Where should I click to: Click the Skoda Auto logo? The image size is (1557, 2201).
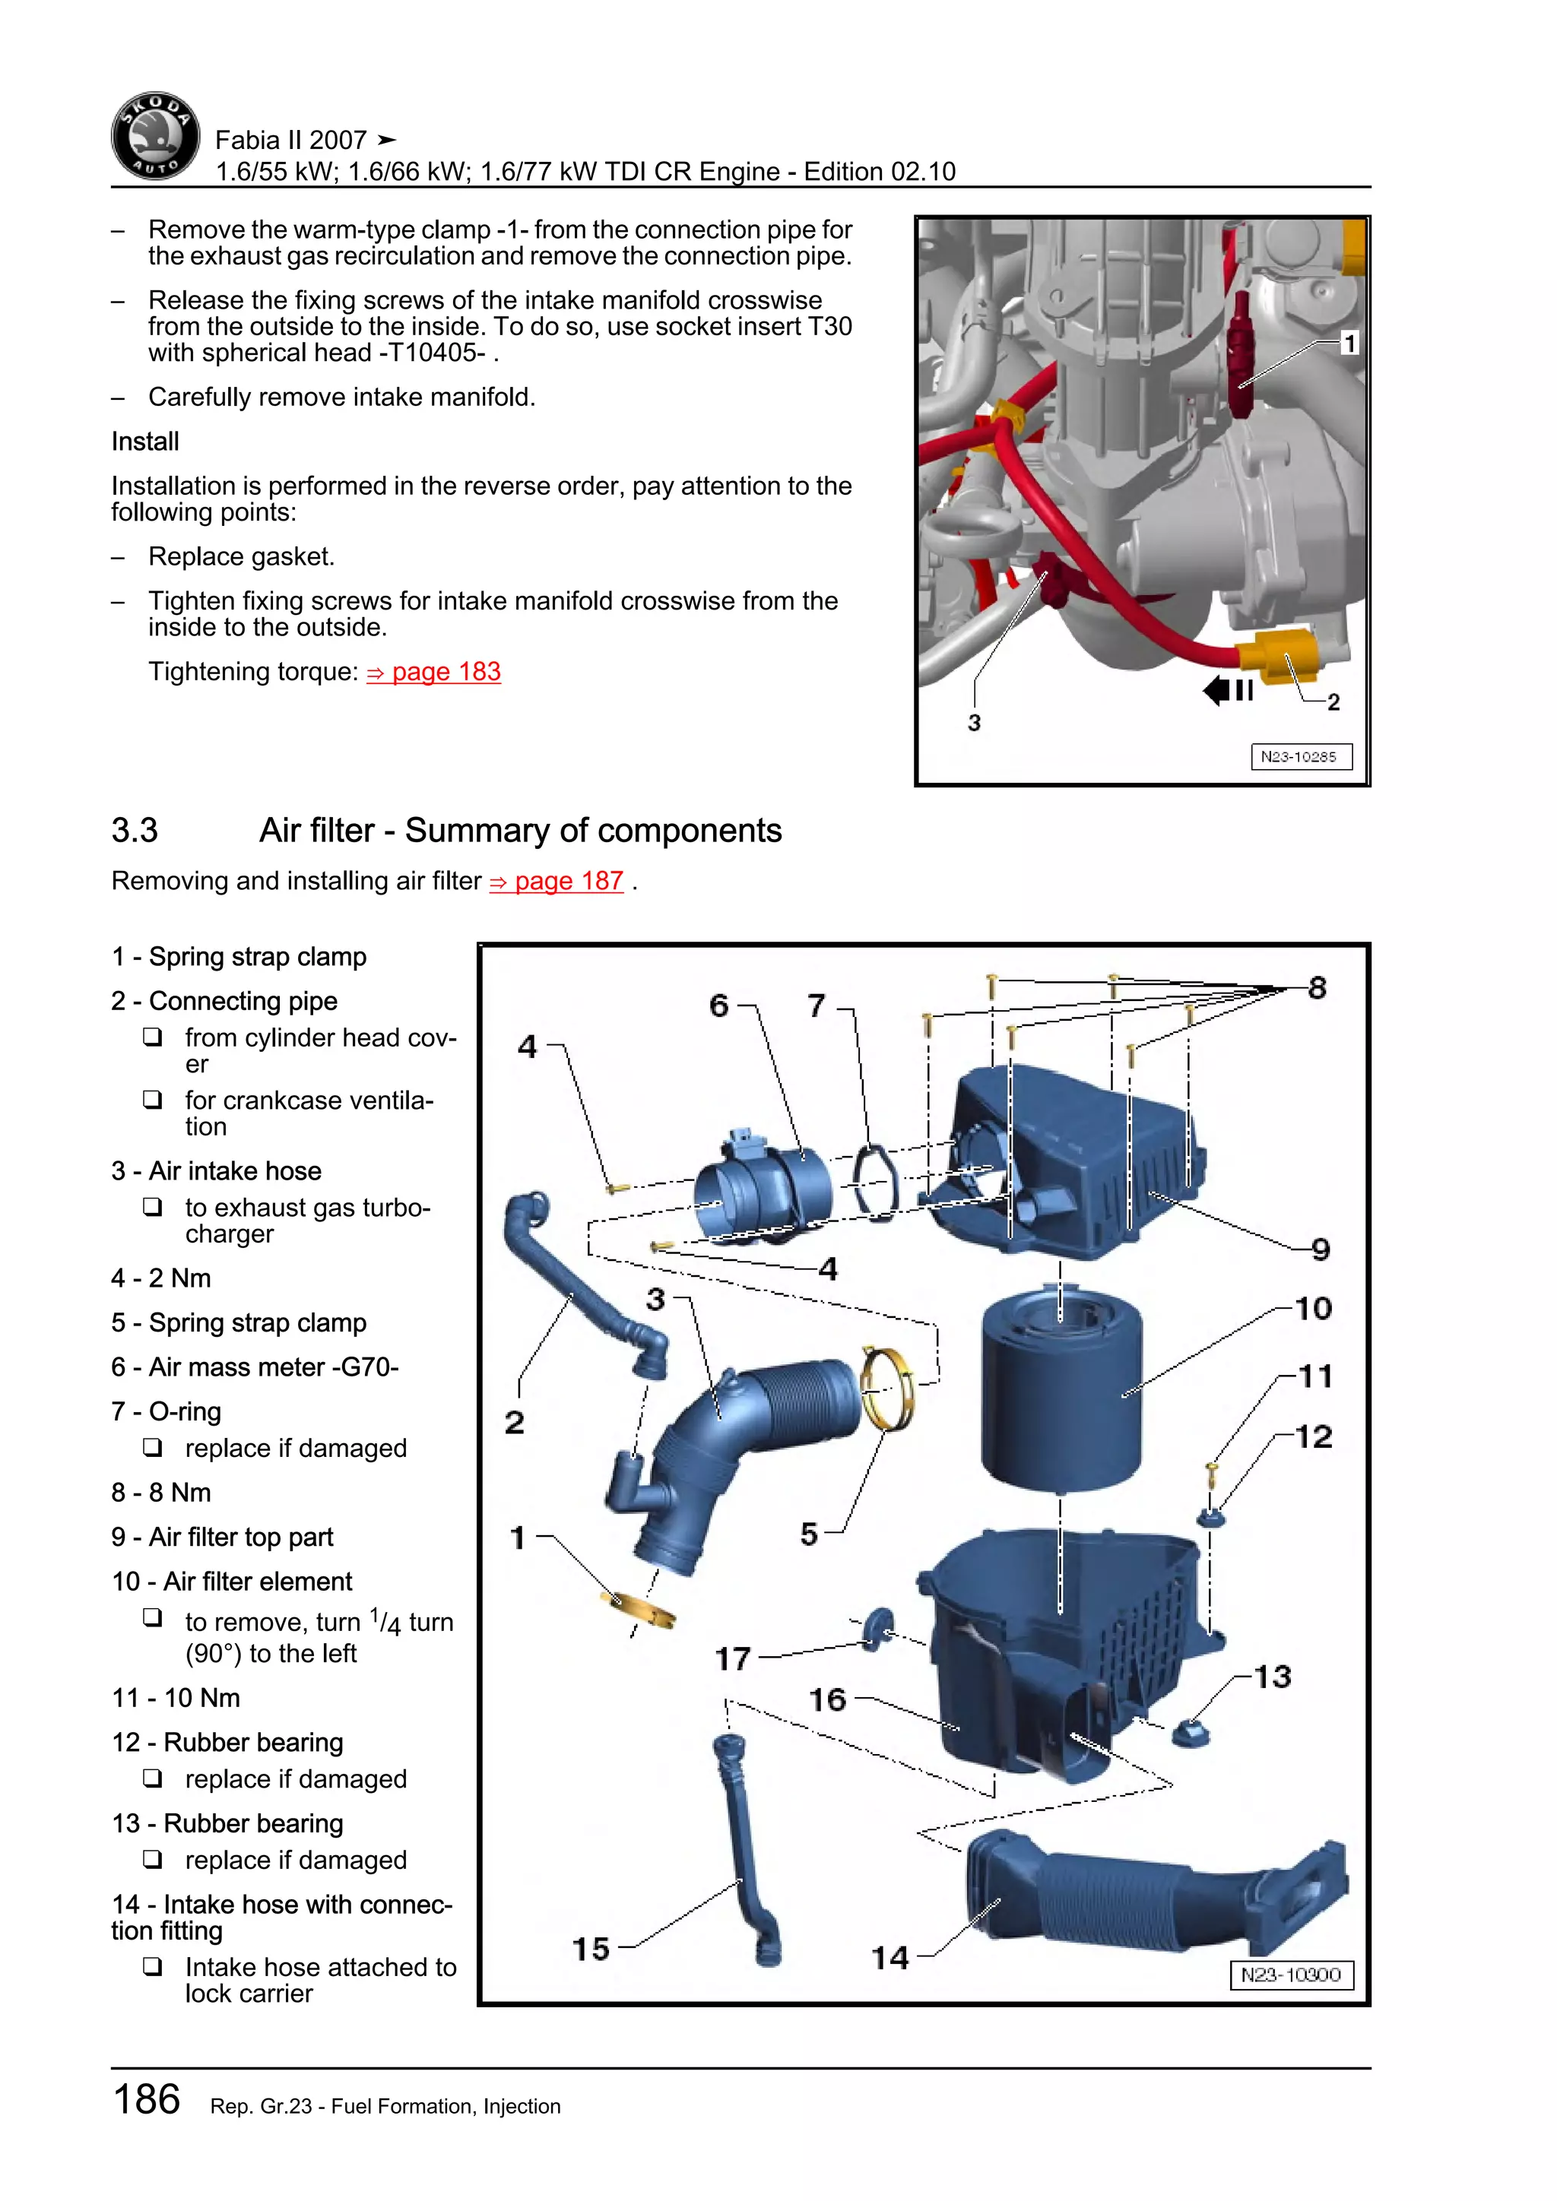pos(155,137)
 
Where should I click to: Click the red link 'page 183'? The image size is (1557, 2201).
pos(433,672)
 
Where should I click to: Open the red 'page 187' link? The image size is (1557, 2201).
pos(557,881)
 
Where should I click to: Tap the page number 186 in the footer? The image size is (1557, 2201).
pos(147,2099)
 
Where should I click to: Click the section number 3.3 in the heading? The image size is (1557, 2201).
pos(135,830)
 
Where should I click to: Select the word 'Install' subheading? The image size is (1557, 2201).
pos(144,441)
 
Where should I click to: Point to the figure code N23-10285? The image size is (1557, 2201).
pos(1300,756)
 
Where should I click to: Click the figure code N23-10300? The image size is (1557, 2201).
pos(1290,1975)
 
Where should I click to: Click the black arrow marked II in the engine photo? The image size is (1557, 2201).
pos(1228,690)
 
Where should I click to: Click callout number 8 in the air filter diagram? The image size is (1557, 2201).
pos(1318,987)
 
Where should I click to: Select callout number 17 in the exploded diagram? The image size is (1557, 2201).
pos(732,1658)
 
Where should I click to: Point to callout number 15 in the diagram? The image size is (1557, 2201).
pos(591,1948)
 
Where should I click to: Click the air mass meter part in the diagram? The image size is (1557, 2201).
pos(763,1187)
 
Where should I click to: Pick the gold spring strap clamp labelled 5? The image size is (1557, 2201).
pos(887,1387)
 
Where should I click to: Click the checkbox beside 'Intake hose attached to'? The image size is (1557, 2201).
pos(153,1966)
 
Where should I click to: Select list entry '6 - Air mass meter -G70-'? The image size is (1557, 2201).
pos(255,1367)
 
